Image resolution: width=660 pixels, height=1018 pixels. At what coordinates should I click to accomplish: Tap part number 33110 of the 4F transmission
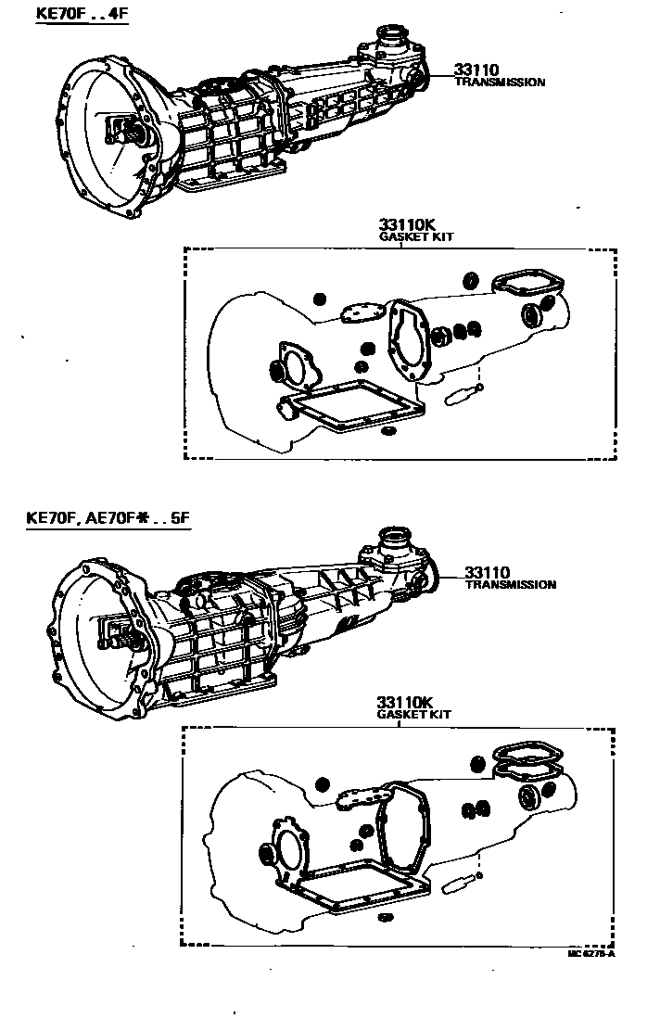click(x=475, y=70)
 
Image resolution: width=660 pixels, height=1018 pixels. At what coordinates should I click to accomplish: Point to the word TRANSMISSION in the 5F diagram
click(x=510, y=585)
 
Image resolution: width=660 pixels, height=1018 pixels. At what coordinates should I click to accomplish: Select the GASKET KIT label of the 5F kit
click(x=414, y=716)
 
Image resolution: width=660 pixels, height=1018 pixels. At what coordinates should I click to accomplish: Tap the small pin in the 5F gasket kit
click(x=461, y=884)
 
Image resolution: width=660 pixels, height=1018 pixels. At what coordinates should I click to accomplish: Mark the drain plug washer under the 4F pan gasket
click(x=387, y=432)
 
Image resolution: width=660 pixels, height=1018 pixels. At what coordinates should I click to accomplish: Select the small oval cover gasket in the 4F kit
click(x=357, y=312)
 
